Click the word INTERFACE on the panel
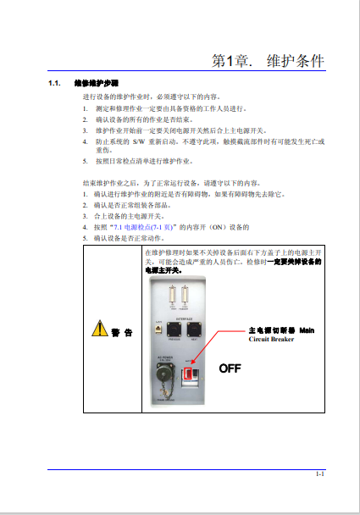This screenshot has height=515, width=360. [x=180, y=319]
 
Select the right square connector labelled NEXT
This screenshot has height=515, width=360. [x=194, y=329]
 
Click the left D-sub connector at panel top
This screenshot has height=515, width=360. [x=173, y=295]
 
